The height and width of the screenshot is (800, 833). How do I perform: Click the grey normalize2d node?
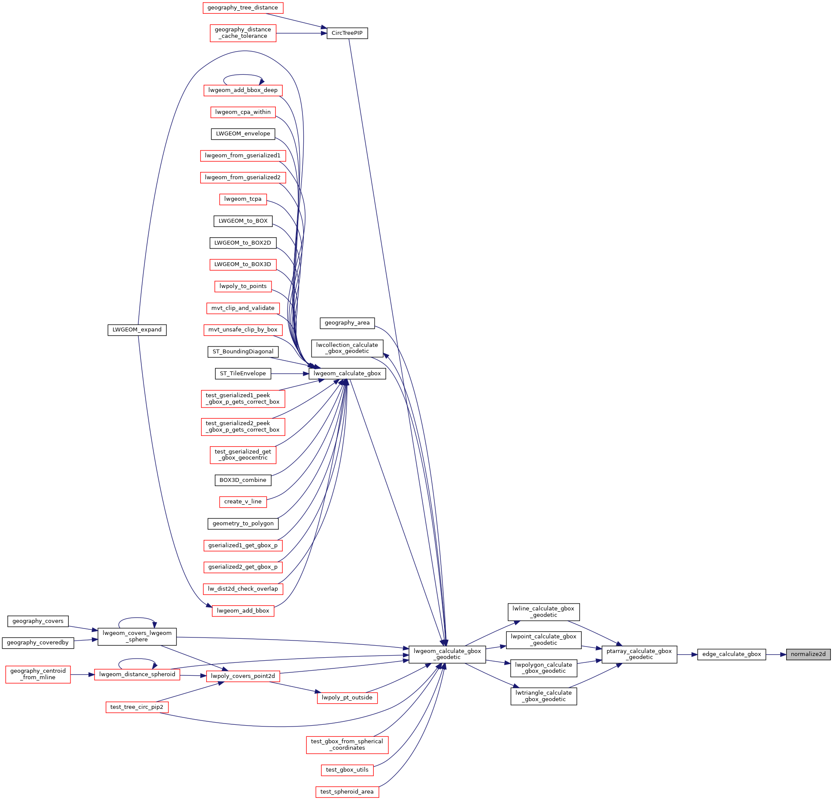(x=808, y=654)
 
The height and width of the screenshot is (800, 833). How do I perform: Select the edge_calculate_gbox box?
(x=731, y=654)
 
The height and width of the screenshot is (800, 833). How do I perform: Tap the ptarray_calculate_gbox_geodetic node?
(x=639, y=654)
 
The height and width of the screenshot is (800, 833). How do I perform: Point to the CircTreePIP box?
(x=347, y=33)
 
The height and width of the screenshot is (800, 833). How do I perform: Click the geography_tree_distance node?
(x=243, y=8)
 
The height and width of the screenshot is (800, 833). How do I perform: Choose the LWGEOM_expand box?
(x=137, y=330)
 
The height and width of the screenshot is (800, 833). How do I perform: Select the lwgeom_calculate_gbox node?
(x=347, y=374)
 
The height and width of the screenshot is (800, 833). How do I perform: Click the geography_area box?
(x=347, y=323)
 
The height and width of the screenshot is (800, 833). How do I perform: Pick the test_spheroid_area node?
(x=347, y=792)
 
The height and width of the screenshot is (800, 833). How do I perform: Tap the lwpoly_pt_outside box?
(x=347, y=698)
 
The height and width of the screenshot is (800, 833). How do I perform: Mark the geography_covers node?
(x=38, y=621)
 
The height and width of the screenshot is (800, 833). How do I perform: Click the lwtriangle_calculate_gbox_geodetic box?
(x=543, y=696)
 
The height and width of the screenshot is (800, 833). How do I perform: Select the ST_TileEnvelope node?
(x=243, y=374)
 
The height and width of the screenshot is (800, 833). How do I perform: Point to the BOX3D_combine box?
(x=243, y=480)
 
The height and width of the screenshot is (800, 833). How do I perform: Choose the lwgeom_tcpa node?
(x=243, y=199)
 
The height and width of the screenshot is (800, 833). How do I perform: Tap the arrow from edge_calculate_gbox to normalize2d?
(x=776, y=654)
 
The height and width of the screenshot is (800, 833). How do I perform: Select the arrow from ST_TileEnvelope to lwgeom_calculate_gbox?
(x=290, y=374)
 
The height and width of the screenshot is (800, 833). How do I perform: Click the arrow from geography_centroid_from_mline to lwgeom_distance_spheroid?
(x=82, y=674)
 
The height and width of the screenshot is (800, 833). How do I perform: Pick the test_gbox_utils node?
(x=347, y=770)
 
